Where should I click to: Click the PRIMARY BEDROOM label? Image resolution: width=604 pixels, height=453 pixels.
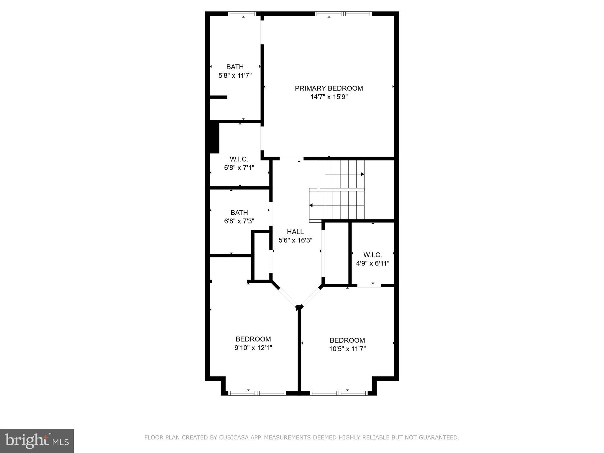[329, 88]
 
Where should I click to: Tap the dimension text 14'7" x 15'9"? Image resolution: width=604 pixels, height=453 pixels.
[329, 97]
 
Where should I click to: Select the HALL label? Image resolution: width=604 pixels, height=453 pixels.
[295, 232]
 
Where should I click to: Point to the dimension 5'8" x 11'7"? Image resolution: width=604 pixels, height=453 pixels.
[235, 75]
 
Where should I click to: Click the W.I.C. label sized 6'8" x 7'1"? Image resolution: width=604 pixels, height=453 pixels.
[239, 159]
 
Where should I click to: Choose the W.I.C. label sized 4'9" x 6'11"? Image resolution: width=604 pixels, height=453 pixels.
[372, 255]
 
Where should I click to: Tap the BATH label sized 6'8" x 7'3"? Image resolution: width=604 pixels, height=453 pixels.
[239, 213]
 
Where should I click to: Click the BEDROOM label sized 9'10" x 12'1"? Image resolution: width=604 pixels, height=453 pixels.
[253, 339]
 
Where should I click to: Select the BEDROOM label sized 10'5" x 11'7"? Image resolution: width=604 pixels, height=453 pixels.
[347, 340]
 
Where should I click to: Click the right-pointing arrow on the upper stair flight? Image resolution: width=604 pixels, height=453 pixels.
[362, 174]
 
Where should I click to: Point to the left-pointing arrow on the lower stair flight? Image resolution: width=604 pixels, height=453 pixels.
[311, 205]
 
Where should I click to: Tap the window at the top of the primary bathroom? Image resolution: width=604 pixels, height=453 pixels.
[242, 14]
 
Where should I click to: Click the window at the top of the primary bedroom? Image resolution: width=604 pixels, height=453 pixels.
[343, 14]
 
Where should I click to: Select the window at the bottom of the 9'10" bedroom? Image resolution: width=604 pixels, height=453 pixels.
[257, 393]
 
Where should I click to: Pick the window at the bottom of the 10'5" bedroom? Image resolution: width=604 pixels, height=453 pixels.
[339, 393]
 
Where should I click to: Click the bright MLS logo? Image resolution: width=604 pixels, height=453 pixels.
[37, 441]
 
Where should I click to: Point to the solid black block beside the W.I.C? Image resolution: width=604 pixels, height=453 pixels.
[214, 138]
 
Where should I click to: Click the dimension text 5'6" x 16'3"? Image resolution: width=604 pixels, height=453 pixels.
[295, 240]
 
